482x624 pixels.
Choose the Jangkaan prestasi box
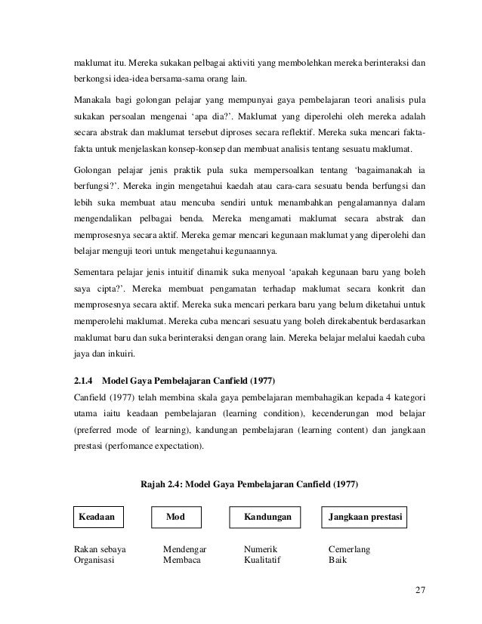click(366, 517)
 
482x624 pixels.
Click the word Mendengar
click(186, 550)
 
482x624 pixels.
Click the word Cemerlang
click(349, 550)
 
